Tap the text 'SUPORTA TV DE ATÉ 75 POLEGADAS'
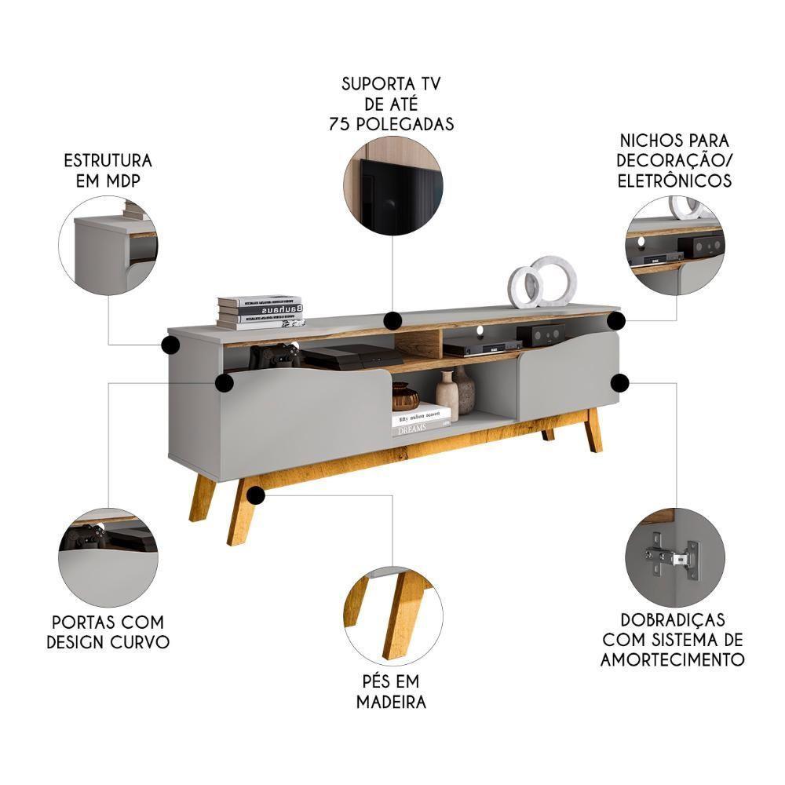[397, 104]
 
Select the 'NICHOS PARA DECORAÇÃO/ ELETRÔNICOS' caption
[674, 160]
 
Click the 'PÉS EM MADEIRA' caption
[391, 691]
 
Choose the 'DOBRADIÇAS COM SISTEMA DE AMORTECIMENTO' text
[672, 640]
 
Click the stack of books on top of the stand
[260, 312]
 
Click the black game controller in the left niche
[276, 356]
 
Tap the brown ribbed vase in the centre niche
[405, 397]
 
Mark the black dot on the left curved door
[224, 382]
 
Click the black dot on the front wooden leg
[255, 495]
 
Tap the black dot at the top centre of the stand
[392, 320]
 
